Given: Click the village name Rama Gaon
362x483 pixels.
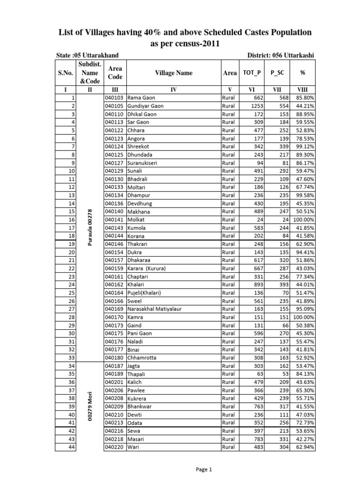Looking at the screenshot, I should (141, 98).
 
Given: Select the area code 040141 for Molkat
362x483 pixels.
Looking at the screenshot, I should (115, 220).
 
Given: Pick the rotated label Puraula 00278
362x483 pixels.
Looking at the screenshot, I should (90, 227).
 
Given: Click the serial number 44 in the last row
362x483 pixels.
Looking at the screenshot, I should (72, 447).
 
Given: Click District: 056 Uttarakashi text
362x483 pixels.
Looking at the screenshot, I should (281, 56).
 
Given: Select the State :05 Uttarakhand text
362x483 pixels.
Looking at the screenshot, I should (87, 56).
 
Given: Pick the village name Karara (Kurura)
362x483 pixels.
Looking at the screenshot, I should (148, 268).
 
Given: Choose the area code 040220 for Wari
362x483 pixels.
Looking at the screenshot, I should (115, 447).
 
